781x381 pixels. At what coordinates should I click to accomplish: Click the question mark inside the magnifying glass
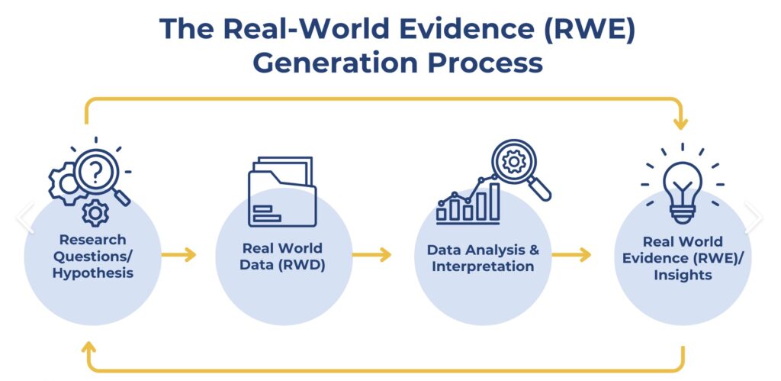click(x=97, y=172)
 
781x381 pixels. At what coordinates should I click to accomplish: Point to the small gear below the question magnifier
click(x=95, y=213)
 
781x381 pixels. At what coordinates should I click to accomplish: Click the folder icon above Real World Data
click(x=282, y=192)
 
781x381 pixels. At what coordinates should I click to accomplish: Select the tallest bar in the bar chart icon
click(x=494, y=202)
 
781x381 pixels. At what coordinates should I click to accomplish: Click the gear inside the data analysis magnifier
click(x=513, y=162)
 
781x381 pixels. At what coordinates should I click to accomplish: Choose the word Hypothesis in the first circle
click(x=92, y=273)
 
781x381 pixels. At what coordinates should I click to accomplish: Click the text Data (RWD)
click(x=282, y=265)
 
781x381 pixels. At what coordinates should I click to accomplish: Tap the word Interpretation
click(x=483, y=266)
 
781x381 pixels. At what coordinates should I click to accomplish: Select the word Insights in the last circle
click(x=683, y=275)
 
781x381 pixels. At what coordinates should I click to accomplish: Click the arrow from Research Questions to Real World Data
click(x=178, y=255)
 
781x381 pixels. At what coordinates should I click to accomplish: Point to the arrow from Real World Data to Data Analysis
click(x=371, y=255)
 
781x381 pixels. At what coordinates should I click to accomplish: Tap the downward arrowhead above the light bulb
click(x=680, y=123)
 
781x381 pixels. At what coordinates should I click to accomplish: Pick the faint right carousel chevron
click(x=754, y=217)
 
